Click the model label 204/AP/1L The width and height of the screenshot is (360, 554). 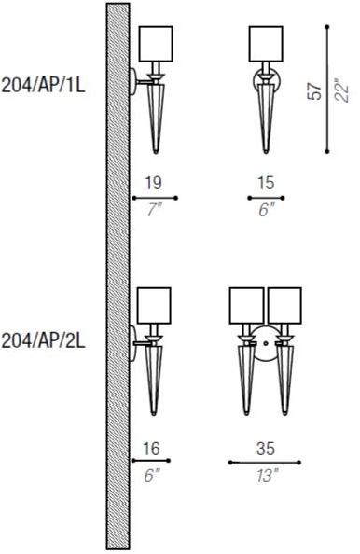coord(44,86)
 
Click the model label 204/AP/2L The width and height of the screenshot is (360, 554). coord(44,341)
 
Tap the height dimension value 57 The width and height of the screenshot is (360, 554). coord(315,91)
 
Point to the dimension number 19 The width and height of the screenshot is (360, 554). coord(154,183)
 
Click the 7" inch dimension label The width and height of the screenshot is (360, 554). coord(155,211)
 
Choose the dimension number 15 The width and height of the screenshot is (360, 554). coord(266,183)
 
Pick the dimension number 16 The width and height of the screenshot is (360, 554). coord(151,449)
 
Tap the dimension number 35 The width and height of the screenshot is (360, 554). coord(266,449)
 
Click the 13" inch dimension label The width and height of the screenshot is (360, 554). coord(268,476)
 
